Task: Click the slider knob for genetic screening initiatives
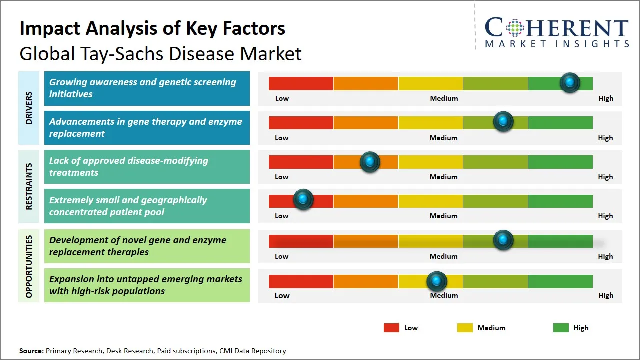pyautogui.click(x=570, y=83)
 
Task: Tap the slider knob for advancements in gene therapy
pyautogui.click(x=503, y=122)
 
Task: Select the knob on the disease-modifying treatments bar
pyautogui.click(x=370, y=162)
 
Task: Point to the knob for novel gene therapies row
pyautogui.click(x=503, y=240)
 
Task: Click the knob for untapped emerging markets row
pyautogui.click(x=437, y=282)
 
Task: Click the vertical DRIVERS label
pyautogui.click(x=29, y=108)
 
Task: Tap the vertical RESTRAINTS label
pyautogui.click(x=29, y=186)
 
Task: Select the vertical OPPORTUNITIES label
pyautogui.click(x=29, y=266)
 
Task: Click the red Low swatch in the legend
pyautogui.click(x=391, y=328)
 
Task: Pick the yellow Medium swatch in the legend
pyautogui.click(x=465, y=328)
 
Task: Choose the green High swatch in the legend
pyautogui.click(x=561, y=328)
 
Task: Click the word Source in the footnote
pyautogui.click(x=31, y=351)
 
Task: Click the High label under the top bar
pyautogui.click(x=606, y=98)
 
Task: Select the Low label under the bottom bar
pyautogui.click(x=282, y=295)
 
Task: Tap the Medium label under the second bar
pyautogui.click(x=444, y=138)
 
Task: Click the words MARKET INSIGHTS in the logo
pyautogui.click(x=557, y=44)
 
